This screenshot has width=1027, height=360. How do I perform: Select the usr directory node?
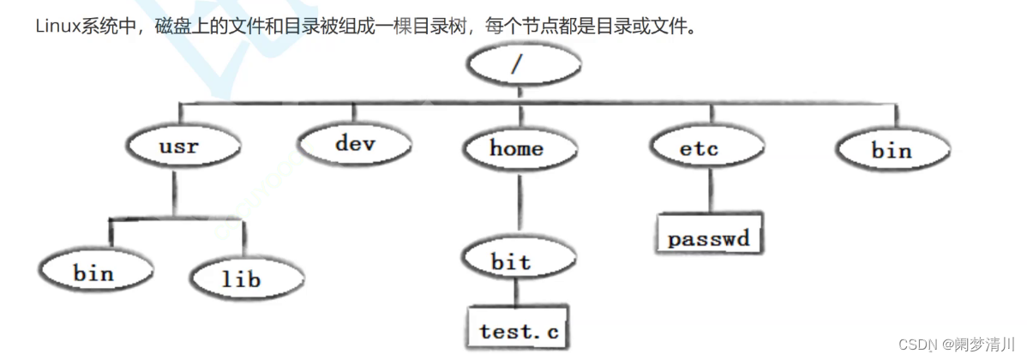coord(178,147)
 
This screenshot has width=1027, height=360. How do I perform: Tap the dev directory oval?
coord(355,143)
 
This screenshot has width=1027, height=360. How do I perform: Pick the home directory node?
coord(516,148)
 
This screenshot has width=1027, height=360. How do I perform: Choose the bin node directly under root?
coord(892,151)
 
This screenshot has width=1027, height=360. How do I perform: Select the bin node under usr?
coord(93,273)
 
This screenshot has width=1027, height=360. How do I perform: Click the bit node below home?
coord(511,262)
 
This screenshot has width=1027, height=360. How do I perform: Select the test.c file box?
coord(518,329)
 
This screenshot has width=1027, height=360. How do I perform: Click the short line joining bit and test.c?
coord(513,294)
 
